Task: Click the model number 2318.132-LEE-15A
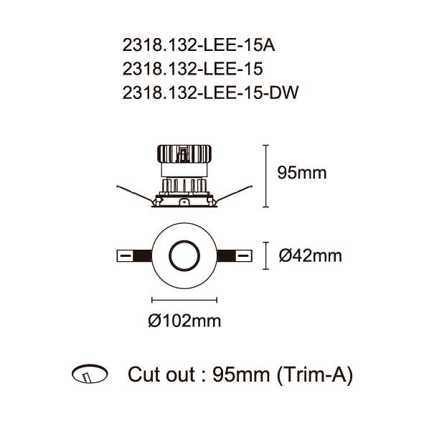pos(199,45)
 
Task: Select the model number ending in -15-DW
pos(210,93)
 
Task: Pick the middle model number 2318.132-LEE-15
pos(192,69)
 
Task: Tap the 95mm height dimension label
pos(302,172)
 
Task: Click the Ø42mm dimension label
pos(310,255)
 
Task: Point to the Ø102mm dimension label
pos(184,321)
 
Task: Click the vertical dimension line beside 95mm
pos(266,176)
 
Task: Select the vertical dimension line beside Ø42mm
pos(266,255)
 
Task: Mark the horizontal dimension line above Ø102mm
pos(184,300)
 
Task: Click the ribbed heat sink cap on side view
pos(184,154)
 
